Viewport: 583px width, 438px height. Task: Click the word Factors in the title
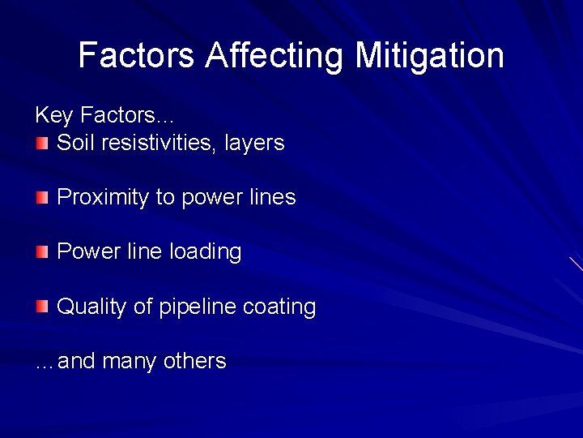(x=136, y=55)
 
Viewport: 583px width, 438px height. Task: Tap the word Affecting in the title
(x=274, y=55)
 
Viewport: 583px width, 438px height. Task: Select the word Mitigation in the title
(x=430, y=55)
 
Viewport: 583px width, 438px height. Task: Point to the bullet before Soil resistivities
(x=42, y=144)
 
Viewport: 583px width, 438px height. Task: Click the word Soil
(x=75, y=143)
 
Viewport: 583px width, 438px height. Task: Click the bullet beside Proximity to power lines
(x=42, y=198)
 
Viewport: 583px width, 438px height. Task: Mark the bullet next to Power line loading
(x=42, y=253)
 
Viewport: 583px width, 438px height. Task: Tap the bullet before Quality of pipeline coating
(x=42, y=307)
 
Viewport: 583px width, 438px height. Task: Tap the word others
(x=194, y=360)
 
